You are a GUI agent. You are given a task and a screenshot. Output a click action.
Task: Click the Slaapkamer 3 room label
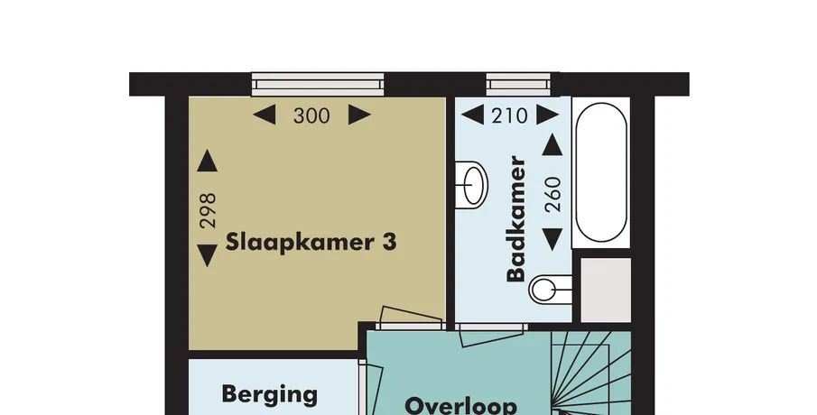point(311,243)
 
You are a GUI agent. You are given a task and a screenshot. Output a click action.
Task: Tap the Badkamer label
point(515,218)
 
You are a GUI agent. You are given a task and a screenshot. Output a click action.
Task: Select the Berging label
point(269,394)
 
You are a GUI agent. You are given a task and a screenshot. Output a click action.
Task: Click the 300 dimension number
point(311,115)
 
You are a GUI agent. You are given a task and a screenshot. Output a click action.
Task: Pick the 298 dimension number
point(208,210)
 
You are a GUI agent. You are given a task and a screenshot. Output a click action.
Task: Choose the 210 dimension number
point(509,115)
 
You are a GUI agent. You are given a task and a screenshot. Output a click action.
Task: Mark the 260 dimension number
point(552,194)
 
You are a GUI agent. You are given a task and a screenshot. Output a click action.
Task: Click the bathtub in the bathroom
point(600,172)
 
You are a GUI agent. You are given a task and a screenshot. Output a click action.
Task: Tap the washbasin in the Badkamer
point(471,185)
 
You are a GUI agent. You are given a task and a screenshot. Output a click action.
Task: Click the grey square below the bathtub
point(606,290)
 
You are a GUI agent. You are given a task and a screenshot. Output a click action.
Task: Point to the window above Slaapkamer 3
point(318,85)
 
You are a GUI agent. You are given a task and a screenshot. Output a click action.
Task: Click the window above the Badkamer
point(519,85)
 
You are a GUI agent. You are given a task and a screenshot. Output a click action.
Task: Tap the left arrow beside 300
point(265,115)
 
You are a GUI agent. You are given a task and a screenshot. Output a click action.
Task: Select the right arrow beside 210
point(548,115)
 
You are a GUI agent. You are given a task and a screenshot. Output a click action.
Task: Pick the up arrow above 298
point(208,161)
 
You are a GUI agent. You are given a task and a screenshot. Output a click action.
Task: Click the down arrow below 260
point(552,239)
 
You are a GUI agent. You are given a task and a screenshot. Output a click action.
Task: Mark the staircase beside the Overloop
point(591,373)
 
